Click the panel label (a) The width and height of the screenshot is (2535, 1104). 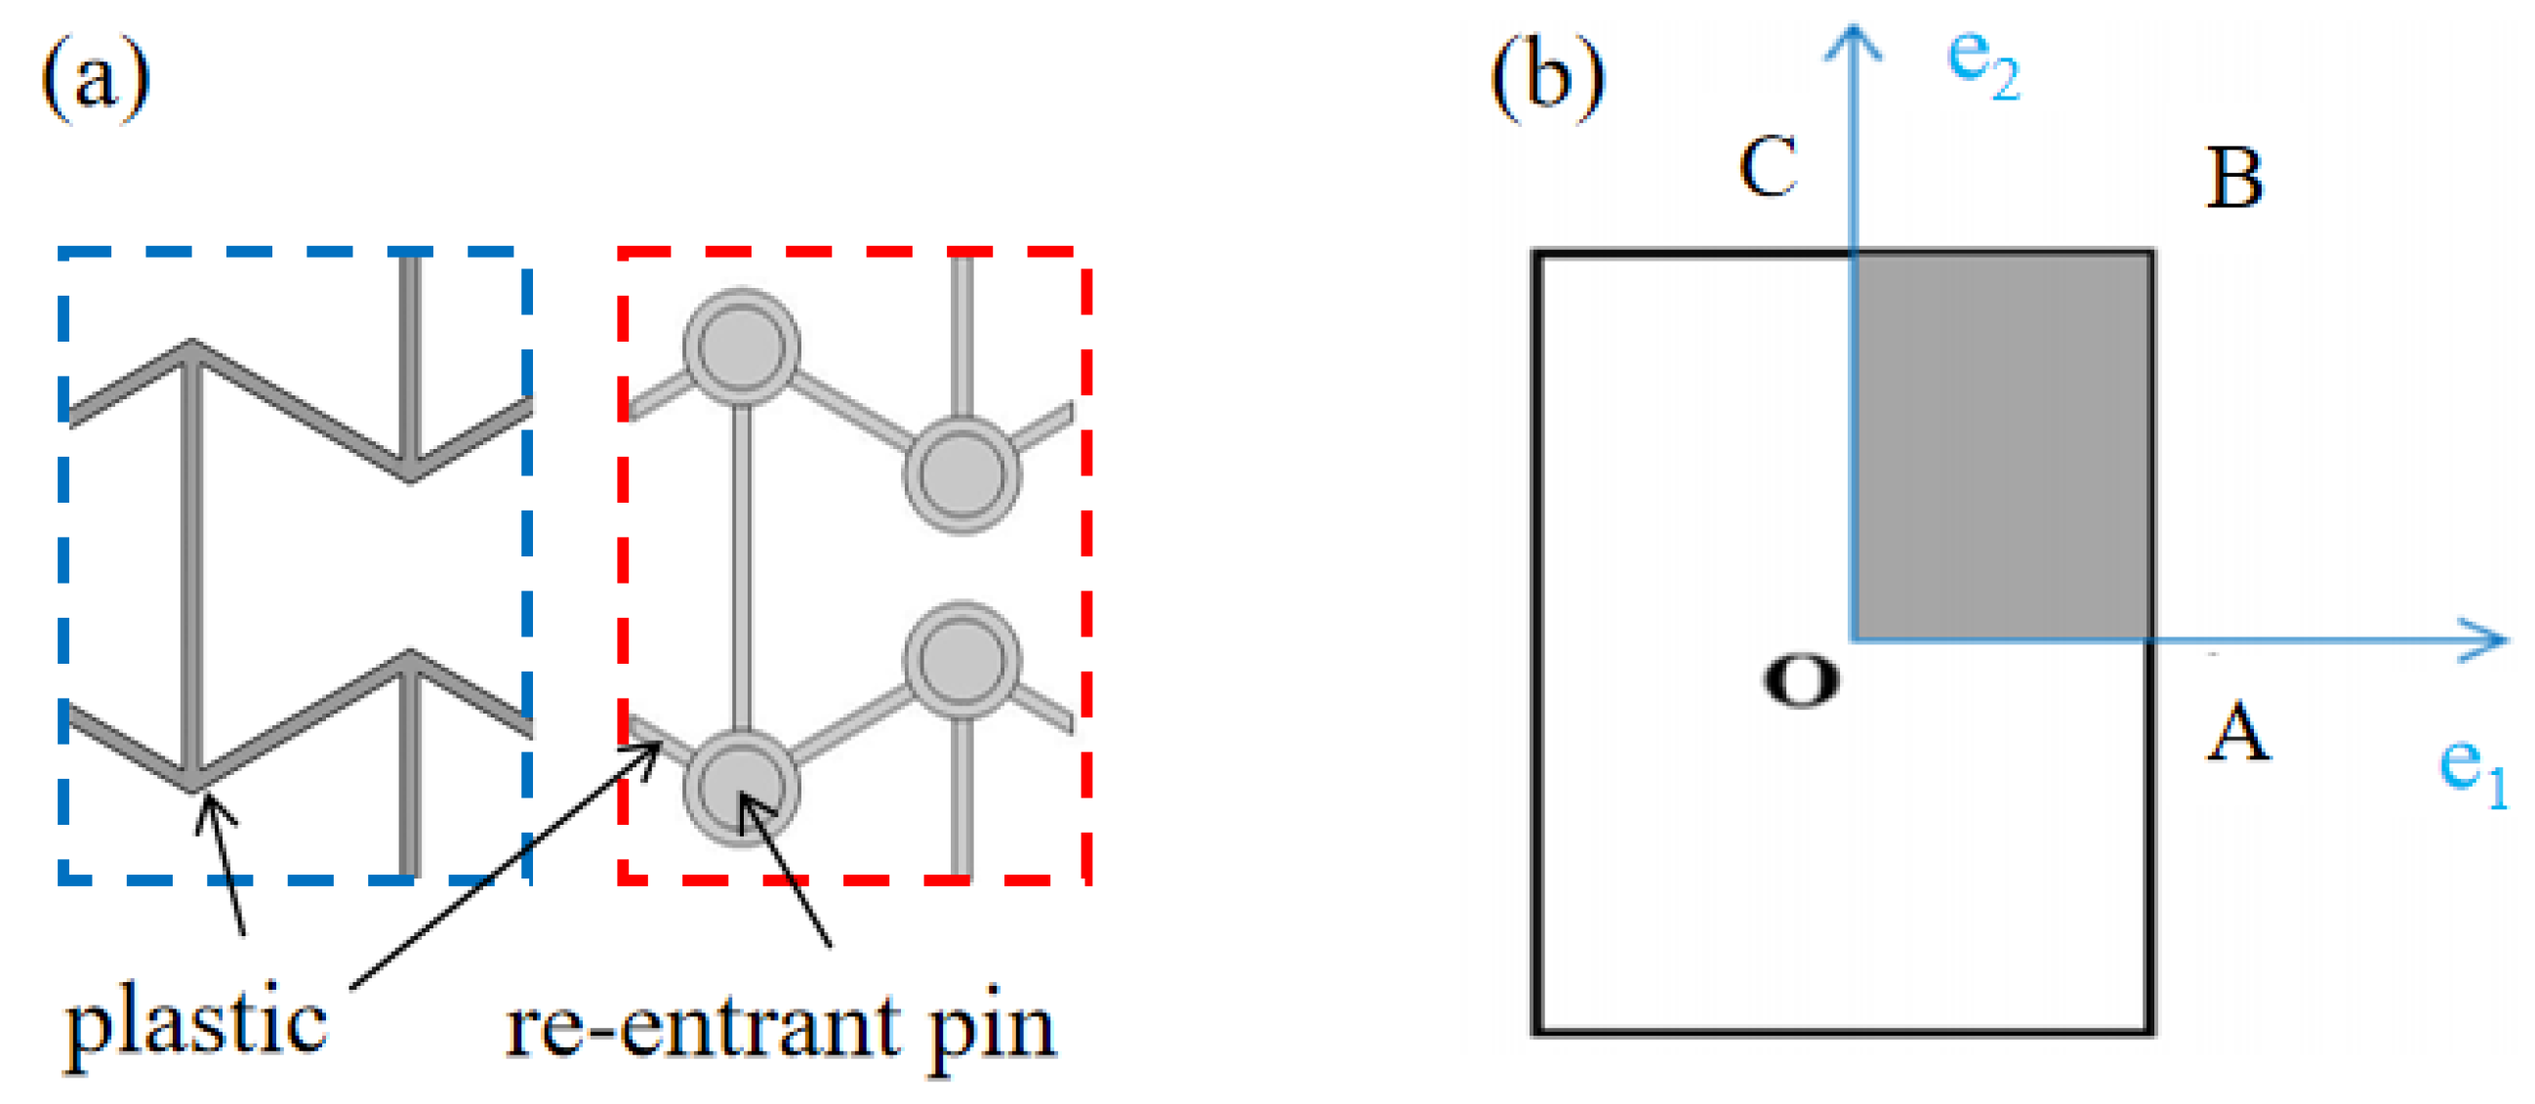point(96,79)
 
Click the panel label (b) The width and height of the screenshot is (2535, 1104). point(1547,79)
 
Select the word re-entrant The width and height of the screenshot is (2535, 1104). point(702,1028)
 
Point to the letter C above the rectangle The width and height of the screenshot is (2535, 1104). point(1768,167)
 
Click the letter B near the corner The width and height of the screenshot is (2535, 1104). point(2235,179)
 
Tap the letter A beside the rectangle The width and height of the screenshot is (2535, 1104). point(2238,733)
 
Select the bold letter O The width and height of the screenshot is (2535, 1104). point(1800,681)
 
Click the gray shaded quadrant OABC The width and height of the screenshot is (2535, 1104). point(2002,448)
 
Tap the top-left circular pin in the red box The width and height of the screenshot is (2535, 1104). point(741,348)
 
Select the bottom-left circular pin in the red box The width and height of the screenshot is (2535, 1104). point(741,787)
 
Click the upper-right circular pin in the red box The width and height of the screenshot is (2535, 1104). point(961,474)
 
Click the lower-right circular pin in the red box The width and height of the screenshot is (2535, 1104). point(961,658)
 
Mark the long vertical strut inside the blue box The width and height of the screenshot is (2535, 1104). point(193,566)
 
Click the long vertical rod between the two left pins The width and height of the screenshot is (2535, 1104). point(742,566)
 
